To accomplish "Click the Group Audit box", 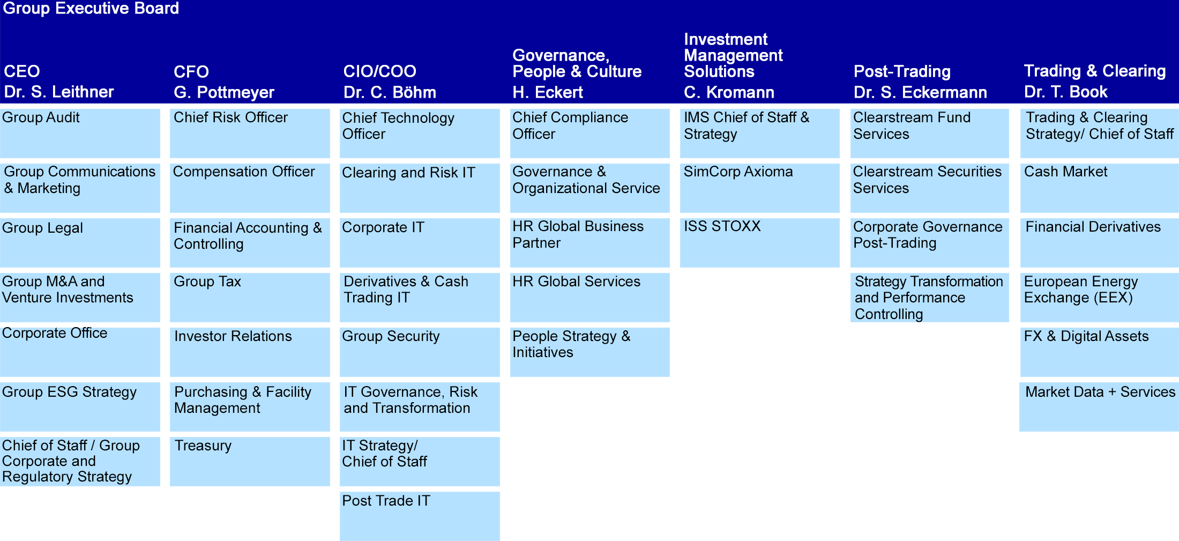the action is (80, 134).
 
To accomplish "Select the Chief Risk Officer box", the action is (250, 134).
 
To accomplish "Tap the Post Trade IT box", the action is (420, 516).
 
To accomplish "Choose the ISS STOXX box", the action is (759, 242).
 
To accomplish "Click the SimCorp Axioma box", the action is (759, 188).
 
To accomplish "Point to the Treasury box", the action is (250, 461).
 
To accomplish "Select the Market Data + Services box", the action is (1099, 406).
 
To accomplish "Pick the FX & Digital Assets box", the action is (1099, 352).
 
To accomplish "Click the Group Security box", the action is (420, 352).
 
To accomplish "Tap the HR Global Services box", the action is (589, 297).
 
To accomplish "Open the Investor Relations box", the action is (250, 352).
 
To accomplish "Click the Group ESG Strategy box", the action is (80, 406).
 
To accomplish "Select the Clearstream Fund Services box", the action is (929, 134).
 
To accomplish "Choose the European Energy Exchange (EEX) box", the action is (1099, 297).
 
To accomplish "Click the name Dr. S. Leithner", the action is (59, 92).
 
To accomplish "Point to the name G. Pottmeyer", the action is (224, 93).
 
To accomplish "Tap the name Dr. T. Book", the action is (1065, 92).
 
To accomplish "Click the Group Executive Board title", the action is (91, 9).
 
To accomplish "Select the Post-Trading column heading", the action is (902, 72).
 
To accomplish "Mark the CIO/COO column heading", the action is (379, 71).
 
